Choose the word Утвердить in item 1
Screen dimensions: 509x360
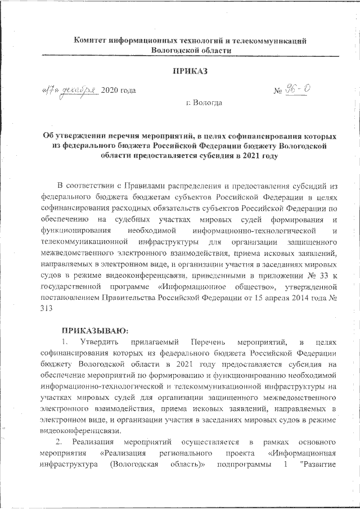tap(99, 341)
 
